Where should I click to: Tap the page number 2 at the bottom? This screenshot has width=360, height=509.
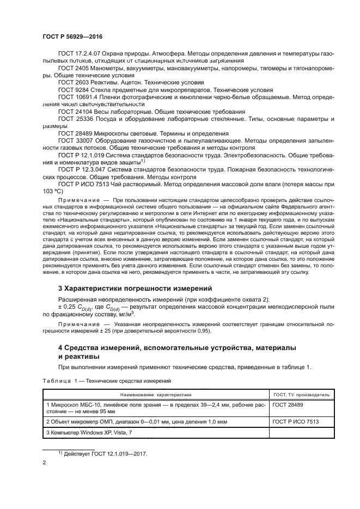pos(44,463)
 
